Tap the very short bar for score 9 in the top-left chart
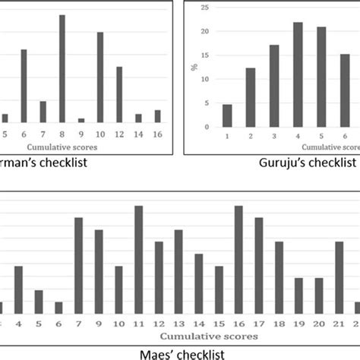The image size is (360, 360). [x=81, y=120]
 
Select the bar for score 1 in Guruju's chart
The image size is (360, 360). [x=227, y=115]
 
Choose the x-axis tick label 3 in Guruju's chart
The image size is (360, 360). [x=274, y=134]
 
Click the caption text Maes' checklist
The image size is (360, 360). [x=180, y=352]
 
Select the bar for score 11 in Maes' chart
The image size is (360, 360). [x=139, y=259]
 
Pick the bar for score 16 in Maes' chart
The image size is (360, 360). [x=238, y=259]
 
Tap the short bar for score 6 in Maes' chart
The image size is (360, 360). [x=58, y=307]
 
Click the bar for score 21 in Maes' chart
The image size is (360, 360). [x=339, y=277]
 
